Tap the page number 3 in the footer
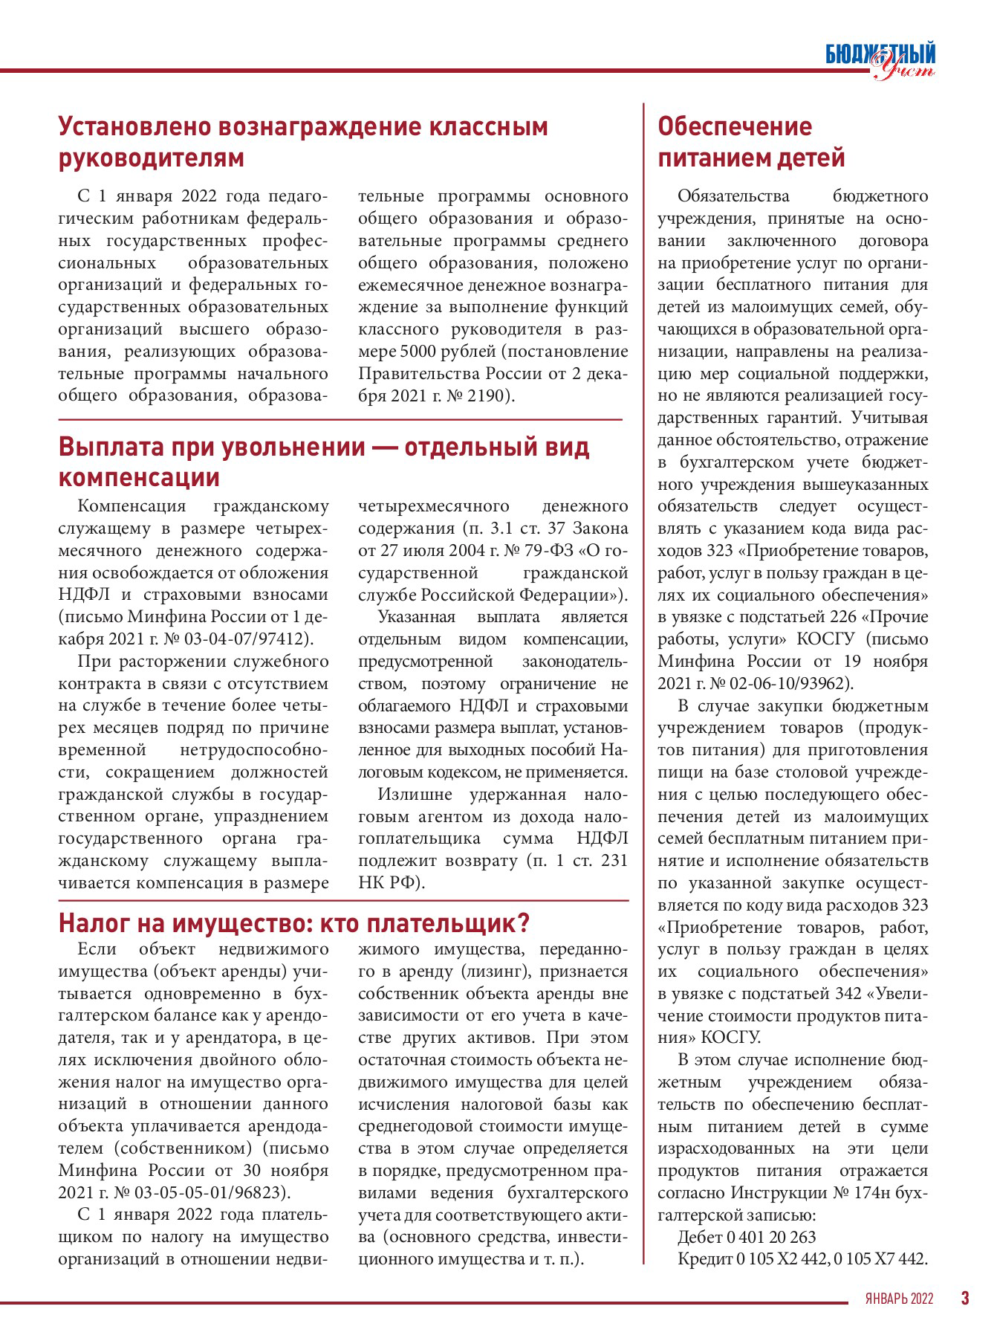[x=965, y=1298]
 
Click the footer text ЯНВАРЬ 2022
[x=899, y=1299]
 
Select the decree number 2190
[x=486, y=395]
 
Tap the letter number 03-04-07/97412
[x=251, y=639]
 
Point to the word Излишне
[x=413, y=795]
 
